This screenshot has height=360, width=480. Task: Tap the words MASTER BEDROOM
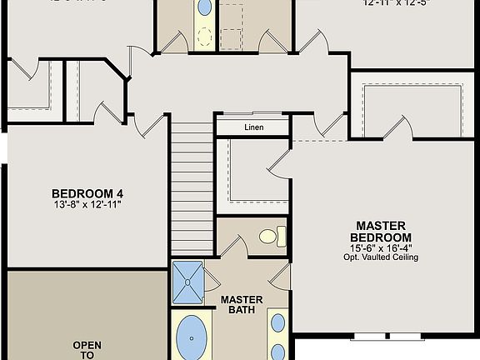(x=380, y=232)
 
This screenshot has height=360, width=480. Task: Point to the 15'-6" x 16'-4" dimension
(x=380, y=247)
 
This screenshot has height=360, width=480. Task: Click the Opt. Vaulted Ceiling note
(x=380, y=257)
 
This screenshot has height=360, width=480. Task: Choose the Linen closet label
(x=253, y=127)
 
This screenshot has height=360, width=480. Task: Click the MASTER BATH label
(x=242, y=305)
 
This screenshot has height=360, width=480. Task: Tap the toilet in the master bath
(x=269, y=237)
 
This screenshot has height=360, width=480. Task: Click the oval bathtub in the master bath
(x=192, y=340)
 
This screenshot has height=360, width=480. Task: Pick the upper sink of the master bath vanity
(x=277, y=322)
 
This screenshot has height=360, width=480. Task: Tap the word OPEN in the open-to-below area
(x=87, y=345)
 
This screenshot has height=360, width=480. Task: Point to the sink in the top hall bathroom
(x=204, y=8)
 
